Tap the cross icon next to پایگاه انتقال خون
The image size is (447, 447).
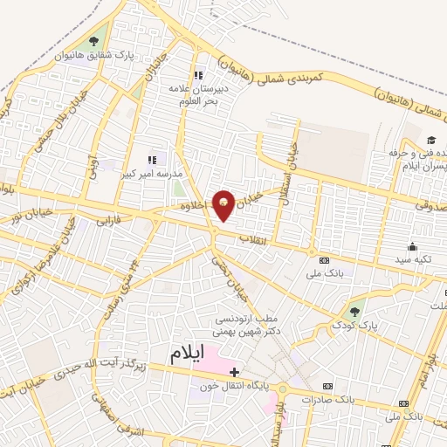(x=234, y=373)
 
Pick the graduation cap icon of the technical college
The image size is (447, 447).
(x=430, y=141)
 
